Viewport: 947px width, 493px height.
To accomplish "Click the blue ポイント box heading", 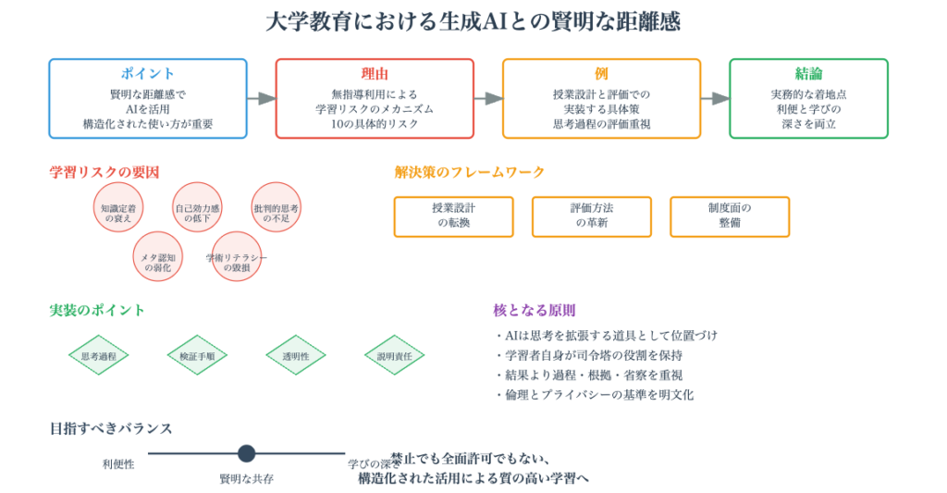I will click(x=147, y=74).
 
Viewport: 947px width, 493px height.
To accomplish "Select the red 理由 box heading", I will click(x=375, y=74).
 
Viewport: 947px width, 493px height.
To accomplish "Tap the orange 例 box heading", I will click(x=601, y=74).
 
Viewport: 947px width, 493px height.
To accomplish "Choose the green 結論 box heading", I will click(x=808, y=74).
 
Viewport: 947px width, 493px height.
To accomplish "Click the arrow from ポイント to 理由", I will click(x=262, y=98).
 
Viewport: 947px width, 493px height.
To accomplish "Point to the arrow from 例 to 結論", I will click(x=715, y=98).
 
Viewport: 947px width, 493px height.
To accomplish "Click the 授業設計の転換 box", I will click(x=454, y=216).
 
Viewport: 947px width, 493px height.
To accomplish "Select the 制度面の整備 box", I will click(x=730, y=216).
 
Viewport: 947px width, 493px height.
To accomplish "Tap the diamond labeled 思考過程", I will click(x=99, y=355).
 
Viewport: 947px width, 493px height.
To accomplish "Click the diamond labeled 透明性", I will click(x=296, y=355).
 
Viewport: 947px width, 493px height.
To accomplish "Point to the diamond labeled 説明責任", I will click(x=394, y=355).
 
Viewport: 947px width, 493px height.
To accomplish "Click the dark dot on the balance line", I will click(x=246, y=453).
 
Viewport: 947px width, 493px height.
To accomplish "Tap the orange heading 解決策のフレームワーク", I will click(x=470, y=172).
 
